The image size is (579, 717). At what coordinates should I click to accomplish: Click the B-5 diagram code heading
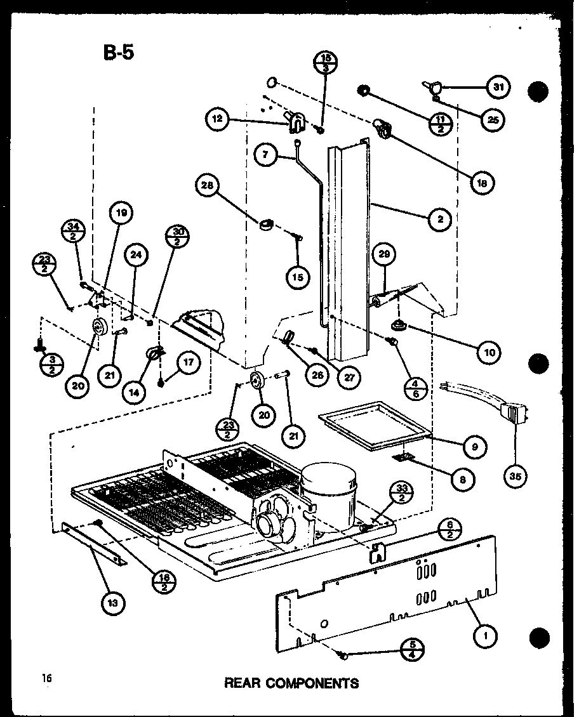coord(118,52)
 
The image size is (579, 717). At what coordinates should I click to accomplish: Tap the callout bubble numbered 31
coord(498,88)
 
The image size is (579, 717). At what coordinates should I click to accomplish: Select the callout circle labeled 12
coord(218,119)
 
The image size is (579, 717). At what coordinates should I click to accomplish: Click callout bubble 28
coord(208,186)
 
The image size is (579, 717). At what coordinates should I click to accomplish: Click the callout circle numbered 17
coord(188,364)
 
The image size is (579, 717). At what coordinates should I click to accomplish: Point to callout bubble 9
coord(475,447)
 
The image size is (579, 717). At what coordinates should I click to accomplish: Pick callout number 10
coord(488,351)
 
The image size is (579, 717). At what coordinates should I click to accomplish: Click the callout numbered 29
coord(383,256)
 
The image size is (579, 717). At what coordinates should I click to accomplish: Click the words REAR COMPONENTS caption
coord(291,683)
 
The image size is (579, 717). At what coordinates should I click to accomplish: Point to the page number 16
coord(47,679)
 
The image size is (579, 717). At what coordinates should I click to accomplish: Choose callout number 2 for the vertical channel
coord(439,220)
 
